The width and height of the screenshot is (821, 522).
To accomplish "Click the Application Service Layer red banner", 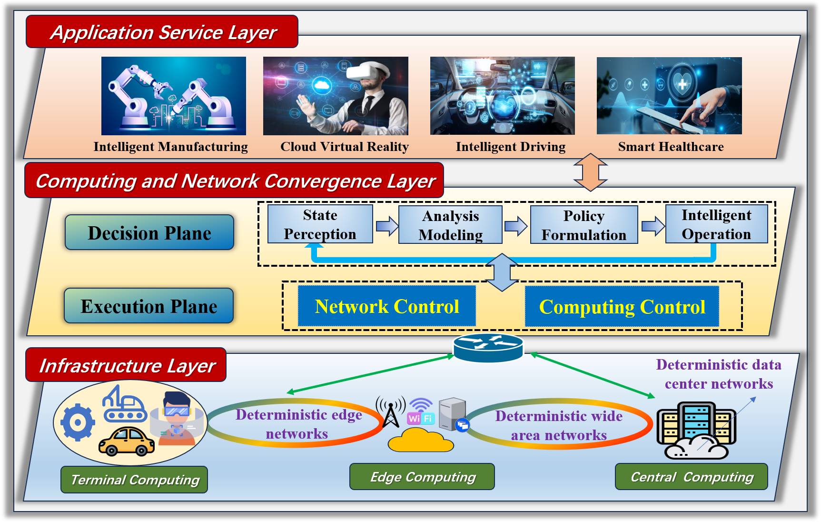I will [x=162, y=32].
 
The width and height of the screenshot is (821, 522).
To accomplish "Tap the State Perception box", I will [x=320, y=224].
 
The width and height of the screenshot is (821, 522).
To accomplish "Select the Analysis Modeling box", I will [x=450, y=225].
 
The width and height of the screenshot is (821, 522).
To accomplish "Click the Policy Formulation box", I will [x=584, y=225].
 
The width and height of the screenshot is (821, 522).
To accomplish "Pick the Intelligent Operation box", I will [x=716, y=224].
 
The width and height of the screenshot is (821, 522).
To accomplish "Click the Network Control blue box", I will [x=386, y=306].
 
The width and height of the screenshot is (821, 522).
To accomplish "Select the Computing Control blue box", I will [x=622, y=307].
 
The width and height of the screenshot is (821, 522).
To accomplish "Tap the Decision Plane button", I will [x=149, y=232].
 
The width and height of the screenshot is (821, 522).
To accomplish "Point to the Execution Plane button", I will [x=149, y=306].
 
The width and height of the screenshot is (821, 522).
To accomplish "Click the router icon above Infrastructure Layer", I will [x=488, y=347].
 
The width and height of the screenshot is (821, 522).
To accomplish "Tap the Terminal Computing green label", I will [x=134, y=480].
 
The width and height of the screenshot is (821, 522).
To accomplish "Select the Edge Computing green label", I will [x=422, y=477].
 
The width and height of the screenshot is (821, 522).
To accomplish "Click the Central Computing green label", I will [x=691, y=477].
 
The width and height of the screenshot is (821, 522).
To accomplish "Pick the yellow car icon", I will [x=126, y=441].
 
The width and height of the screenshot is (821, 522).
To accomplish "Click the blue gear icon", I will [x=78, y=422].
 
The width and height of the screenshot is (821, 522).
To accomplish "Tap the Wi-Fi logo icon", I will [x=421, y=412].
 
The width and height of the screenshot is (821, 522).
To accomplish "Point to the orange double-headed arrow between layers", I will [x=590, y=172].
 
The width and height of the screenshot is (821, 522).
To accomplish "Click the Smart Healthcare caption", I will [x=670, y=147].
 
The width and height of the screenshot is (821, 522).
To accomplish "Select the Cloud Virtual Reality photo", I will [x=336, y=96].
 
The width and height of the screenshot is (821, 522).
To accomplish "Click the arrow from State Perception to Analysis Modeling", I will [x=386, y=226].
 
